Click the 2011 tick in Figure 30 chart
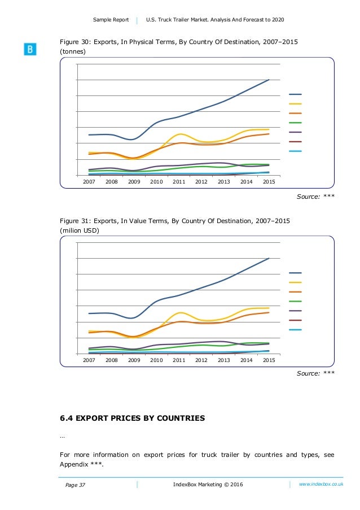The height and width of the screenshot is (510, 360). (x=179, y=181)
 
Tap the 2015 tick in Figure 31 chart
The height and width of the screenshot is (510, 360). (x=269, y=360)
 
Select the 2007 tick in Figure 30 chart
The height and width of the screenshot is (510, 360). (x=89, y=181)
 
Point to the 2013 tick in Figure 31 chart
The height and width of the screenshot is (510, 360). (x=224, y=360)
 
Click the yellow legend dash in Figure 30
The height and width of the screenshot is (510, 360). (x=295, y=104)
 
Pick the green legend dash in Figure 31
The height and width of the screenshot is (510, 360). (x=295, y=301)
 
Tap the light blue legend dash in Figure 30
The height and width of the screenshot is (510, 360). (x=295, y=151)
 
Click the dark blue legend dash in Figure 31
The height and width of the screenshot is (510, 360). (x=295, y=273)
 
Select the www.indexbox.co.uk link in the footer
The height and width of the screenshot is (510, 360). (x=321, y=485)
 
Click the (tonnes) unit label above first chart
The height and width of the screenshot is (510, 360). (x=73, y=51)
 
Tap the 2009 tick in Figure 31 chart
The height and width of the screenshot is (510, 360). (x=134, y=360)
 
